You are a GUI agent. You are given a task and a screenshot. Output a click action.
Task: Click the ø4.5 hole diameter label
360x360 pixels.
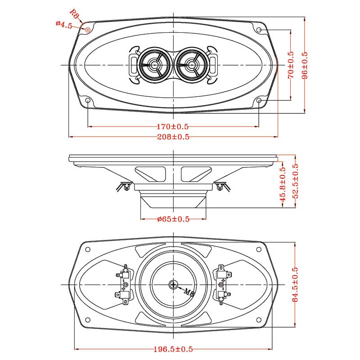(64, 25)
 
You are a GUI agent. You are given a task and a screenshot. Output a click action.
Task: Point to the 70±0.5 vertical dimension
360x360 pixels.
(291, 65)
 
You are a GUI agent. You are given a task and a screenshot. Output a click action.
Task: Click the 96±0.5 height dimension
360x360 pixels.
(305, 65)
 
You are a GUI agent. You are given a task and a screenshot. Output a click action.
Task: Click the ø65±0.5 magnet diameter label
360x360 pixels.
(173, 219)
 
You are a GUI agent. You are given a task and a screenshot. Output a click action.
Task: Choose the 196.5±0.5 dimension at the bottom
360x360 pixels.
(173, 349)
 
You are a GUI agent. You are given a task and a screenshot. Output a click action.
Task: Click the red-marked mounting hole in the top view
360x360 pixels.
(88, 29)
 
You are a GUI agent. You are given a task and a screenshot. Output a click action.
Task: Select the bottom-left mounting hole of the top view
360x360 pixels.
(88, 100)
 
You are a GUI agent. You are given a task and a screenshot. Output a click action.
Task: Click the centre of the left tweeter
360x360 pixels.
(155, 65)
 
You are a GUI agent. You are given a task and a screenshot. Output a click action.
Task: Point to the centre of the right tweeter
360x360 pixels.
(192, 65)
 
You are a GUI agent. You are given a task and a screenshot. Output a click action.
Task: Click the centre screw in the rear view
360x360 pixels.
(174, 284)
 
